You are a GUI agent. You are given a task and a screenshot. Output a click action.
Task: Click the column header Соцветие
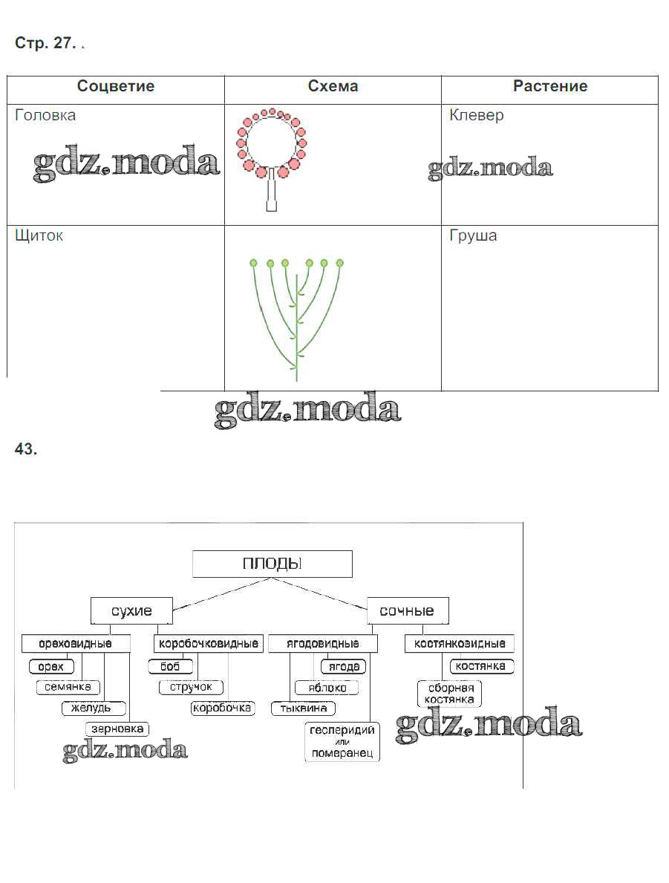pos(116,86)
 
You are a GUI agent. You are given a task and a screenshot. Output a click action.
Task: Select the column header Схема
pos(333,86)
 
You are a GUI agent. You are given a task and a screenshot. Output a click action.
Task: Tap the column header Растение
pos(550,86)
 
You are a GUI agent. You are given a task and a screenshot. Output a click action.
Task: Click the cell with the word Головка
pos(45,115)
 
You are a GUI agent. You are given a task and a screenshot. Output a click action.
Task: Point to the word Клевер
pos(477,115)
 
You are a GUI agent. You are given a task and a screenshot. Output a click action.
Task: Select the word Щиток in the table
pos(39,236)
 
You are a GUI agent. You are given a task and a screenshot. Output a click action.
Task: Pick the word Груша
pos(473,236)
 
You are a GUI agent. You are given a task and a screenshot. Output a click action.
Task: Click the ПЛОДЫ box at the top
pos(272,564)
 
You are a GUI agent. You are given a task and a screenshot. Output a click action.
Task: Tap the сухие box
pos(131,610)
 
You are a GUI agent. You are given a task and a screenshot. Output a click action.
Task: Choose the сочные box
pos(407,610)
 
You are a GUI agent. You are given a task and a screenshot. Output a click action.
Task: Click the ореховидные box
pos(75,643)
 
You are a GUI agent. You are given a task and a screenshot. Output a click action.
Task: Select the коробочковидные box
pos(209,643)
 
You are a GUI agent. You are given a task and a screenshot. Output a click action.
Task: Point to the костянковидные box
pos(460,643)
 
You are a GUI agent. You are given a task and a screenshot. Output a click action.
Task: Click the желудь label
pos(92,708)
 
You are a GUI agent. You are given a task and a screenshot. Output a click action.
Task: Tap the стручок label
pos(191,687)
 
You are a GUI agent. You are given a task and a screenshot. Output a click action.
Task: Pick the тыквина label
pos(303,708)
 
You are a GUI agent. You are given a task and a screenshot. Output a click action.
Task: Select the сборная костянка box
pos(450,694)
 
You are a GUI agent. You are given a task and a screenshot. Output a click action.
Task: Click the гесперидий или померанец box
pos(342,741)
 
